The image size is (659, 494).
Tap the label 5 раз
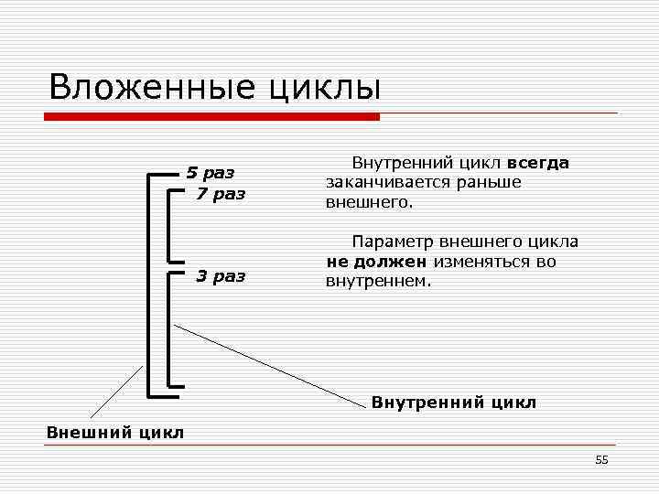click(x=211, y=172)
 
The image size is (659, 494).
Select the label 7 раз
click(x=221, y=194)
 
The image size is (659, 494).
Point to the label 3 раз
click(x=221, y=276)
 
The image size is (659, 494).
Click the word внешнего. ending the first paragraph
click(x=370, y=201)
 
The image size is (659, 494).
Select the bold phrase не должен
click(x=377, y=262)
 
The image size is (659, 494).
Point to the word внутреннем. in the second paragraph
click(x=377, y=281)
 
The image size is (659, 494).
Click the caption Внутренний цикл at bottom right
click(x=453, y=403)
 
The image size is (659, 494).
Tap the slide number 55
click(x=601, y=460)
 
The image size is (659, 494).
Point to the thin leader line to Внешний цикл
click(x=116, y=392)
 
